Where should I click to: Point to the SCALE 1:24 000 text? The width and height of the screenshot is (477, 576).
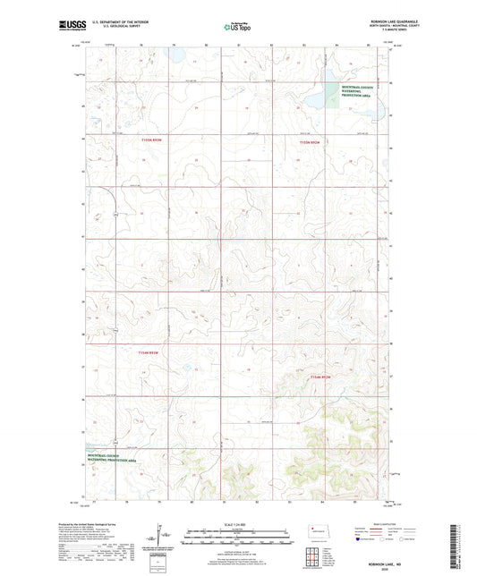(x=238, y=524)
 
